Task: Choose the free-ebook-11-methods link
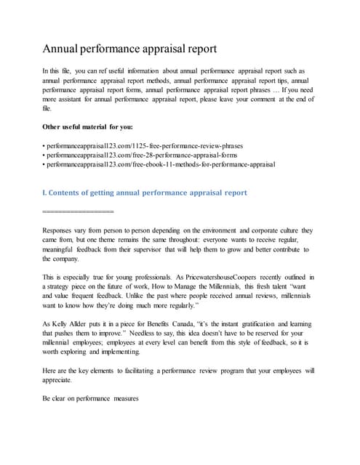(159, 165)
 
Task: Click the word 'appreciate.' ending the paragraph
(57, 381)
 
